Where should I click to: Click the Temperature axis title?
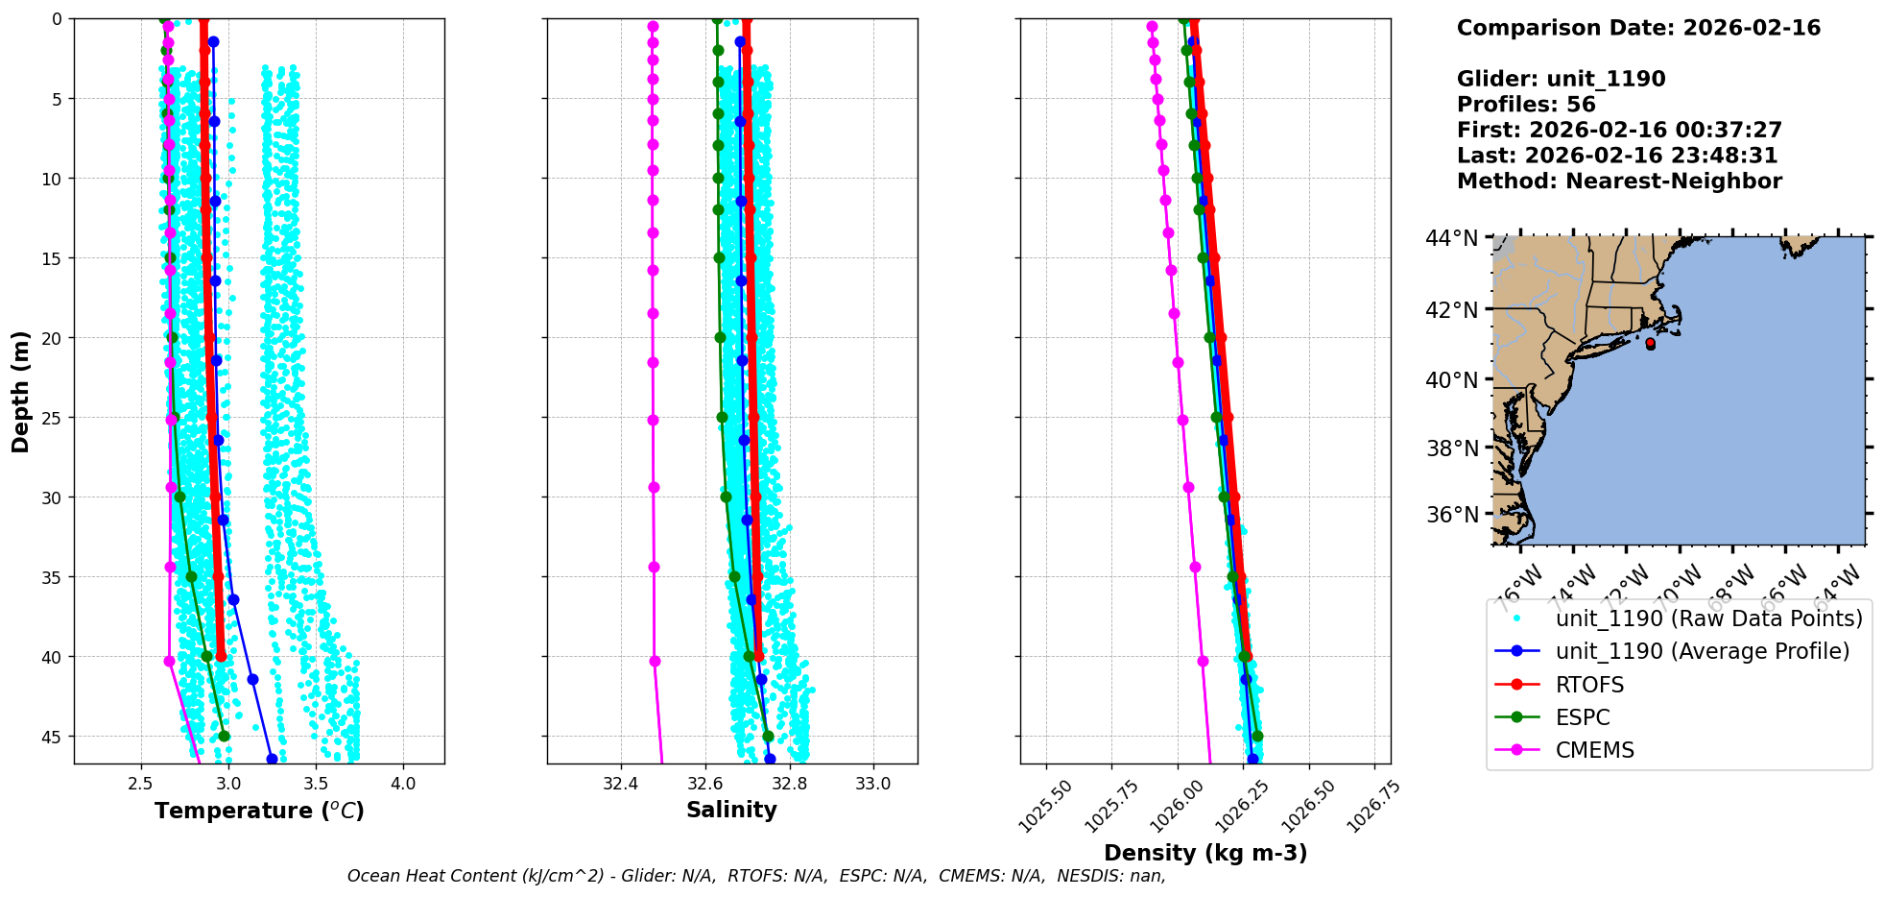(259, 811)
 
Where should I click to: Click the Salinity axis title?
(731, 810)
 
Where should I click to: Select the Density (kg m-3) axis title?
(1205, 853)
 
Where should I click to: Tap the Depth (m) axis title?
(21, 391)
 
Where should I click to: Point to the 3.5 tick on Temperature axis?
(316, 784)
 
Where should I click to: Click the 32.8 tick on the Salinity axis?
(789, 784)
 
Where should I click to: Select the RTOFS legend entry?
(1589, 685)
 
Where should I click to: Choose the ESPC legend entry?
(1583, 717)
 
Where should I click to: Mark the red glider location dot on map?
(1650, 344)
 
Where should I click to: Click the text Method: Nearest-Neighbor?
(1619, 182)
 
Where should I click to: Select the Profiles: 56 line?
(1526, 105)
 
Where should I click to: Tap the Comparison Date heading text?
(1638, 28)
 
